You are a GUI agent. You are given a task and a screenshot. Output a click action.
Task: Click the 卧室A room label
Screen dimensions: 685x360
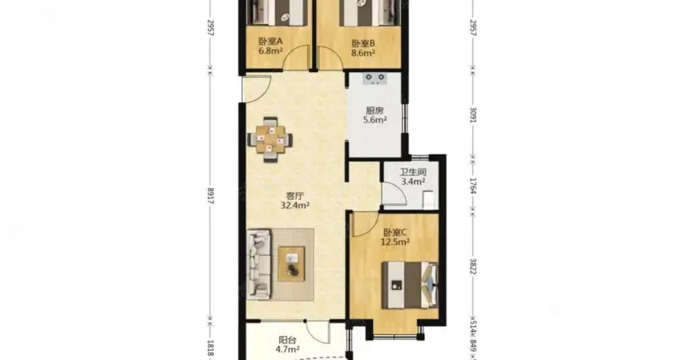point(270,42)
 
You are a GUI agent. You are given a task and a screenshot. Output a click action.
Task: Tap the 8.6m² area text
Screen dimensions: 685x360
point(363,54)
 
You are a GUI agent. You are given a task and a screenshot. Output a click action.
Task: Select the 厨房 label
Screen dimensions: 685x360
point(375,110)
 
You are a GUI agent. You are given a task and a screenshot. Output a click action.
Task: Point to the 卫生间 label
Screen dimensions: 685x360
point(413,172)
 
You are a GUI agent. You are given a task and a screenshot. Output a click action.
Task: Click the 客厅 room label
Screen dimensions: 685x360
point(294,196)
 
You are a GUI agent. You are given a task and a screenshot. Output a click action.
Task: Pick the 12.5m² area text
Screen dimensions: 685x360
point(395,242)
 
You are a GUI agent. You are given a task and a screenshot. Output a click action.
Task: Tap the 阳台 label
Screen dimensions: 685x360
point(287,340)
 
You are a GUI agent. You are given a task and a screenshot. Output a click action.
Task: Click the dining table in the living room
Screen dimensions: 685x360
point(270,140)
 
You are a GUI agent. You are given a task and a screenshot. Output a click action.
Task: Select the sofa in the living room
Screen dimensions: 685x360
point(258,265)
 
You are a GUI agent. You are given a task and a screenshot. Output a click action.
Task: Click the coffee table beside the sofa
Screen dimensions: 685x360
point(291,264)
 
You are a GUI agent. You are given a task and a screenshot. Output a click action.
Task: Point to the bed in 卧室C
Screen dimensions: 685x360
point(410,285)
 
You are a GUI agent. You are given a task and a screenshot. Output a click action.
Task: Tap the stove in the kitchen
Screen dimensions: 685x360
point(375,78)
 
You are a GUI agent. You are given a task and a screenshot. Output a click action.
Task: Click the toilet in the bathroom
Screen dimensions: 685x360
point(429,198)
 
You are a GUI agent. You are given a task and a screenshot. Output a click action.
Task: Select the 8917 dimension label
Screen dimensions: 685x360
point(210,196)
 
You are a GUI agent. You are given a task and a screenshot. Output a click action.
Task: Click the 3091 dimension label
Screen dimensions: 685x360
point(473,114)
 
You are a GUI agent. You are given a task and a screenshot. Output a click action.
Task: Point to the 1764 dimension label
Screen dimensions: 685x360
point(473,186)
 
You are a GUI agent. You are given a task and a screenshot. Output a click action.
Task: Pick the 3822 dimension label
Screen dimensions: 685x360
point(473,266)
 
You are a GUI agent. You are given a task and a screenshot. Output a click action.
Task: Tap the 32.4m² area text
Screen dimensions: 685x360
point(294,206)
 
